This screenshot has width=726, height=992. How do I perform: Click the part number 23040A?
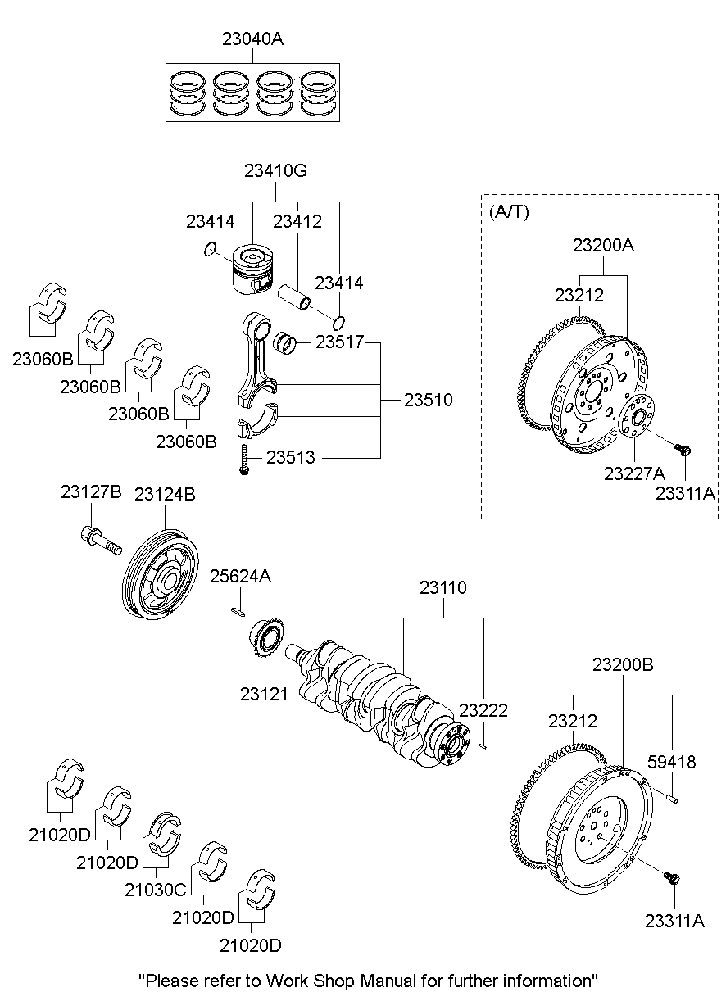point(252,39)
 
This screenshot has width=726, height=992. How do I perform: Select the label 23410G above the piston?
point(275,171)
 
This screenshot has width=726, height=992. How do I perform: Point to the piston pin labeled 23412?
point(296,298)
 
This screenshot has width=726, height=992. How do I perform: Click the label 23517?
point(339,342)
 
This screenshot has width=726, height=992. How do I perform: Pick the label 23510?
point(428,401)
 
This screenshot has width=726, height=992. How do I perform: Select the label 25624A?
point(241,576)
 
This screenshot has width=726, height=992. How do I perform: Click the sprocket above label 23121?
point(268,638)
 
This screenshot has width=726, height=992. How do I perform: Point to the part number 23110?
point(443,587)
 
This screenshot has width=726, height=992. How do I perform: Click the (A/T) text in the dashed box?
point(509,212)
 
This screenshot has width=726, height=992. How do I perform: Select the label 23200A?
point(604,245)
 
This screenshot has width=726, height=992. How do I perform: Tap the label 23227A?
point(634,473)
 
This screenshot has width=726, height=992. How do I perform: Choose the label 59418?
point(672,762)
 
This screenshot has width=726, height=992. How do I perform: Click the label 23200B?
point(623,664)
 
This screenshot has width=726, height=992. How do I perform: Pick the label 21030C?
point(156,889)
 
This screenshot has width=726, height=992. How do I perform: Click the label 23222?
point(483,710)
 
